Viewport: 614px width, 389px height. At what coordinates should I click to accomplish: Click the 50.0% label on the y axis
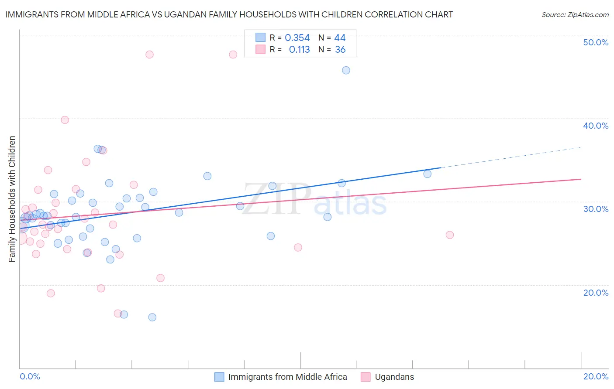[x=596, y=42]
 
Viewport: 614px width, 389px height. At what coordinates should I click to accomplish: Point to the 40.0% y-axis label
[x=596, y=126]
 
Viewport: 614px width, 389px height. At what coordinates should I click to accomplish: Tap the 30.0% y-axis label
[x=596, y=209]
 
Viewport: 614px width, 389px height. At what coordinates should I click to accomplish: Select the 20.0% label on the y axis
[x=596, y=293]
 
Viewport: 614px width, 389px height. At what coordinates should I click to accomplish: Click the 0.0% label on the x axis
[x=30, y=376]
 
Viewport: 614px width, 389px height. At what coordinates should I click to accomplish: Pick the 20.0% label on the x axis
[x=596, y=376]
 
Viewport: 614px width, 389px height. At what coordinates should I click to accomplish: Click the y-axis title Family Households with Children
[x=12, y=199]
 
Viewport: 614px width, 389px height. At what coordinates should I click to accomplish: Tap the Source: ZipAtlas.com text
[x=575, y=15]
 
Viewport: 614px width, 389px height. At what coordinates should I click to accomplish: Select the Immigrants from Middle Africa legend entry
[x=287, y=377]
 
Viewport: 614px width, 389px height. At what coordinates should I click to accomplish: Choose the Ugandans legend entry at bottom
[x=394, y=377]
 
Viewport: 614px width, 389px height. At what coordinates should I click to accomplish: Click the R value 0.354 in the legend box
[x=297, y=38]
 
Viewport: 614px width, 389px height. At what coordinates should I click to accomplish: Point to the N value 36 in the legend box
[x=340, y=50]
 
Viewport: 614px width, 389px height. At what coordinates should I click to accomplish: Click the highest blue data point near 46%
[x=346, y=70]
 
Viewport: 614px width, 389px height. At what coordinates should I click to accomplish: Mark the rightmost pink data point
[x=449, y=235]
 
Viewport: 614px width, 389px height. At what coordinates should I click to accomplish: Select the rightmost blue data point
[x=427, y=174]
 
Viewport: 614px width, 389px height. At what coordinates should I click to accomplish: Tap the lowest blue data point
[x=152, y=317]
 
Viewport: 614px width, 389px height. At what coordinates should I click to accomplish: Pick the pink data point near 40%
[x=65, y=120]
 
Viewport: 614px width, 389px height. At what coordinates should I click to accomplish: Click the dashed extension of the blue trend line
[x=511, y=157]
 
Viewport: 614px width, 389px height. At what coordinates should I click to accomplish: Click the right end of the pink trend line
[x=580, y=179]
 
